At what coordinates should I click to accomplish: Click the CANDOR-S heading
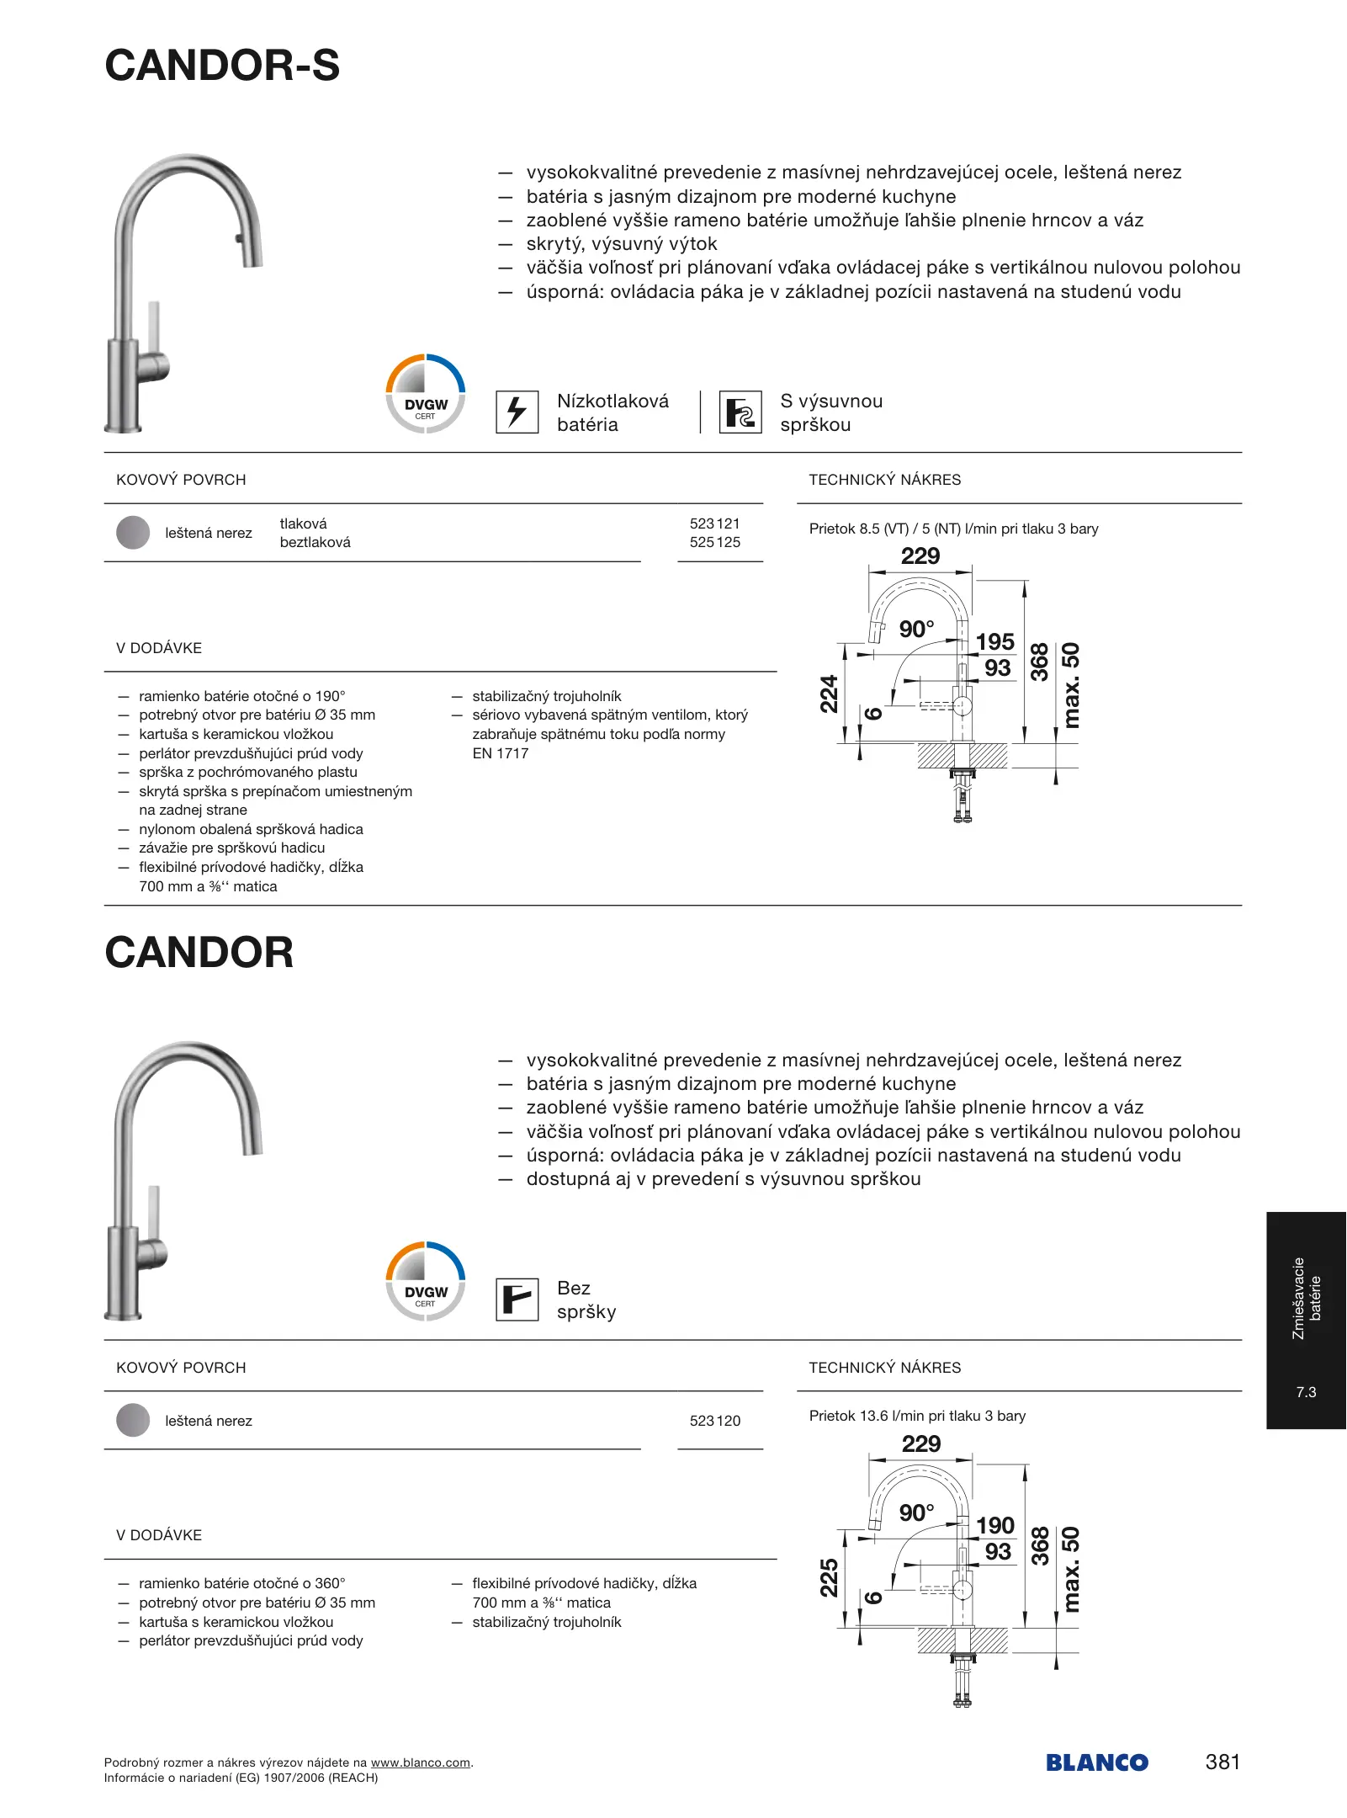click(222, 66)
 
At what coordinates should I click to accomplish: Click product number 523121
click(714, 524)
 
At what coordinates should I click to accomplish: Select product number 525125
click(714, 543)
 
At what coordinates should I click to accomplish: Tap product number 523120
click(714, 1421)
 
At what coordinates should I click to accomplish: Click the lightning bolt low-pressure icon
click(517, 412)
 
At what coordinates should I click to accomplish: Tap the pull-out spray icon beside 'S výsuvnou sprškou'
click(740, 412)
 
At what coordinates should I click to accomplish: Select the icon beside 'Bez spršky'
click(517, 1300)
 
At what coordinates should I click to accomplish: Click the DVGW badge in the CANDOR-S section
click(425, 394)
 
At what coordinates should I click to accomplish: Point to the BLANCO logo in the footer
click(1096, 1762)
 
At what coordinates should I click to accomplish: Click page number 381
click(1222, 1762)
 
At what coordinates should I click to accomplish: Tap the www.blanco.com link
click(421, 1762)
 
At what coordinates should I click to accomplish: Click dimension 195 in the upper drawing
click(995, 642)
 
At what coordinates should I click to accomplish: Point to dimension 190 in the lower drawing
click(995, 1525)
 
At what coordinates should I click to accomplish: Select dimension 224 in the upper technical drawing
click(830, 694)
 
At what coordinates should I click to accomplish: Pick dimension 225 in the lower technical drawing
click(830, 1577)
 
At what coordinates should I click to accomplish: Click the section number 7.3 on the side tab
click(1306, 1392)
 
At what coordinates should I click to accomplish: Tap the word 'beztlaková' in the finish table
click(315, 543)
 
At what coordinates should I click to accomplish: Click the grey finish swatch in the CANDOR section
click(133, 1421)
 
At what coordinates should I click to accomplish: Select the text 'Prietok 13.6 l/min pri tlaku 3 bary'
click(917, 1416)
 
